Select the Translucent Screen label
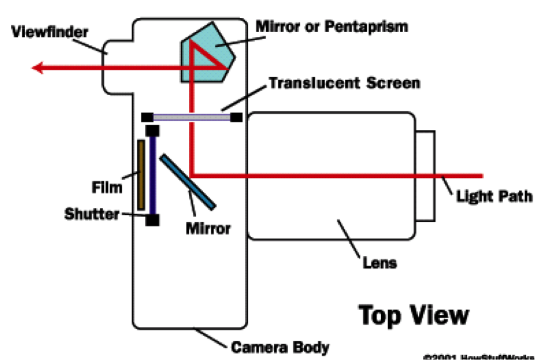(344, 83)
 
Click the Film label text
(107, 187)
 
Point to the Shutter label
(92, 214)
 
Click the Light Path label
(494, 196)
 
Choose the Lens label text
(380, 262)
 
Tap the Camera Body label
(280, 347)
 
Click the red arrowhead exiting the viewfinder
(38, 68)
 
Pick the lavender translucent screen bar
(192, 117)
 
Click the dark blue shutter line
(152, 175)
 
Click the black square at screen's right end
(236, 117)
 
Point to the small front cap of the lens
(426, 176)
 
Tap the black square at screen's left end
(147, 117)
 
